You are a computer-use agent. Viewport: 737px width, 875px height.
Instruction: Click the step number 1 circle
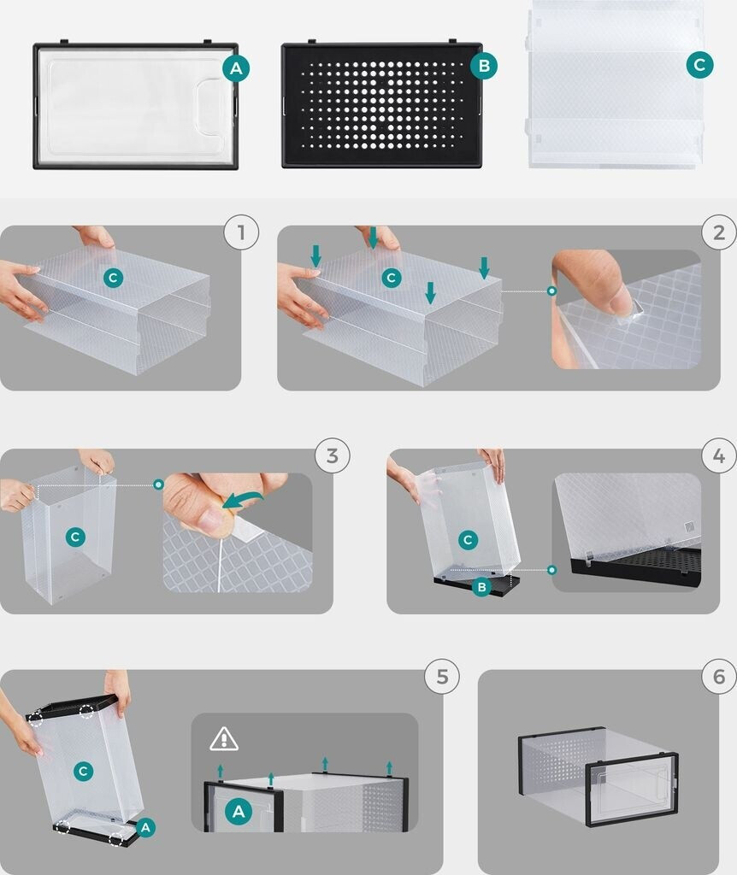[x=241, y=232]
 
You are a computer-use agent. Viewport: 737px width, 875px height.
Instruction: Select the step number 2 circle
[x=720, y=232]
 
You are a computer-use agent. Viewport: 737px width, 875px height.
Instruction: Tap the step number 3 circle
[x=333, y=455]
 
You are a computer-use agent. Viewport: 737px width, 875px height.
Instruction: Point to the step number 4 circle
[x=719, y=455]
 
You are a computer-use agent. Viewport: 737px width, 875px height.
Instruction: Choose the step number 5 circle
[x=442, y=677]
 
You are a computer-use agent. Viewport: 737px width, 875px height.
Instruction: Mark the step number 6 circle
[x=719, y=677]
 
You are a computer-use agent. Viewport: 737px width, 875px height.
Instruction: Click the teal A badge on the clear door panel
[x=236, y=68]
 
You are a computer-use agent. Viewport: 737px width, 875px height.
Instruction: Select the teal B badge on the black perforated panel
[x=484, y=66]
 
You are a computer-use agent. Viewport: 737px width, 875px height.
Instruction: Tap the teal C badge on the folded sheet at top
[x=699, y=65]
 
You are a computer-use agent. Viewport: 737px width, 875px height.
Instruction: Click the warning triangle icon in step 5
[x=224, y=739]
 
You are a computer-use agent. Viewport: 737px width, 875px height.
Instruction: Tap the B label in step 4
[x=481, y=586]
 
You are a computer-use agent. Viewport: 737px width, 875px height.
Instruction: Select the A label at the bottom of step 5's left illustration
[x=145, y=827]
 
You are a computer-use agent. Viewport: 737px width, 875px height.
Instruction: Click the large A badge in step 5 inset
[x=239, y=812]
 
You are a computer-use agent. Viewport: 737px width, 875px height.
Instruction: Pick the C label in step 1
[x=114, y=278]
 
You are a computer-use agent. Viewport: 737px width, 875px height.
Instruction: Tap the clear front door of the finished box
[x=632, y=789]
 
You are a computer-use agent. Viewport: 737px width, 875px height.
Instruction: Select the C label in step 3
[x=75, y=537]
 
